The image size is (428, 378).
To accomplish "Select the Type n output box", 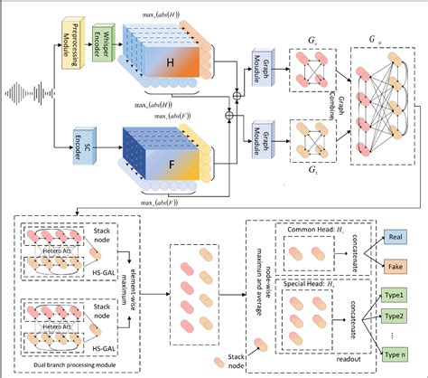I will (x=394, y=360).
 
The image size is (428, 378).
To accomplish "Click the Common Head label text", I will (x=312, y=232).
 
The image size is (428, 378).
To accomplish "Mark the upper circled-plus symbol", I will (x=237, y=92).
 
